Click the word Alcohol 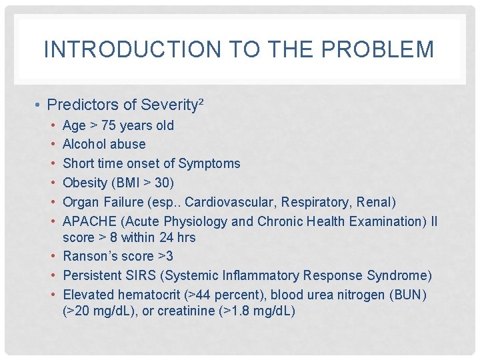tap(85, 144)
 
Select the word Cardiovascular tap(229, 202)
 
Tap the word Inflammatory tap(262, 275)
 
